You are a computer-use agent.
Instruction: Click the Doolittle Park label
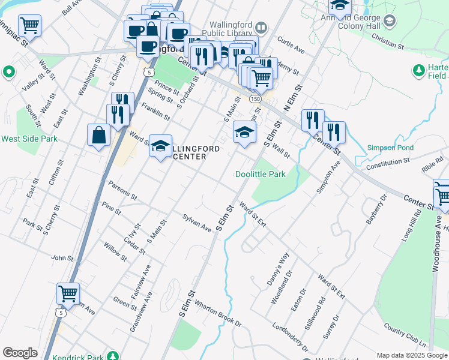point(260,174)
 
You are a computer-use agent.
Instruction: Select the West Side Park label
point(29,139)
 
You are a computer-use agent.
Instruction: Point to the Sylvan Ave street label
point(197,221)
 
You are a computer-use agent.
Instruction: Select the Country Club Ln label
point(405,337)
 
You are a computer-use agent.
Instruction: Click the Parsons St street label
point(122,190)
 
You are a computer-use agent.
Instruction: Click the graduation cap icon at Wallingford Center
point(160,146)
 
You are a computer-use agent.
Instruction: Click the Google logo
point(20,352)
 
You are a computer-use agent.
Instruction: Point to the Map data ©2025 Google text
point(412,355)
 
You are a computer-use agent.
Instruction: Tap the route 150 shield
point(255,98)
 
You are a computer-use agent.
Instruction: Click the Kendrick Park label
point(78,358)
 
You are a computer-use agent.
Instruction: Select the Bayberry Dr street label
point(375,211)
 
